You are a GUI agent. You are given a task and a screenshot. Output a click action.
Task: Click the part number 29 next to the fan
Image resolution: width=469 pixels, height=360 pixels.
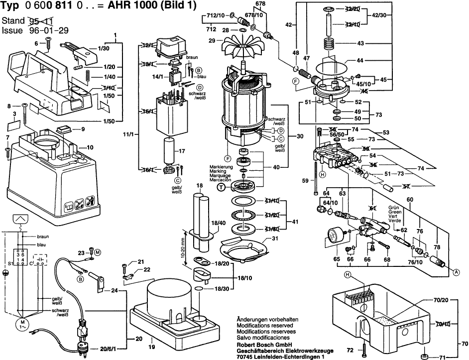211,40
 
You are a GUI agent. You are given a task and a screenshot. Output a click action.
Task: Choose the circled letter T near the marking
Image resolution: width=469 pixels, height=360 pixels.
223,187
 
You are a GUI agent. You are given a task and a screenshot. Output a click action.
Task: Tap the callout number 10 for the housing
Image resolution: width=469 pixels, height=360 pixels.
90,147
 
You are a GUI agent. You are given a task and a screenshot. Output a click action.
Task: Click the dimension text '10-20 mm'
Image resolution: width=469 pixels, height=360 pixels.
183,246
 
